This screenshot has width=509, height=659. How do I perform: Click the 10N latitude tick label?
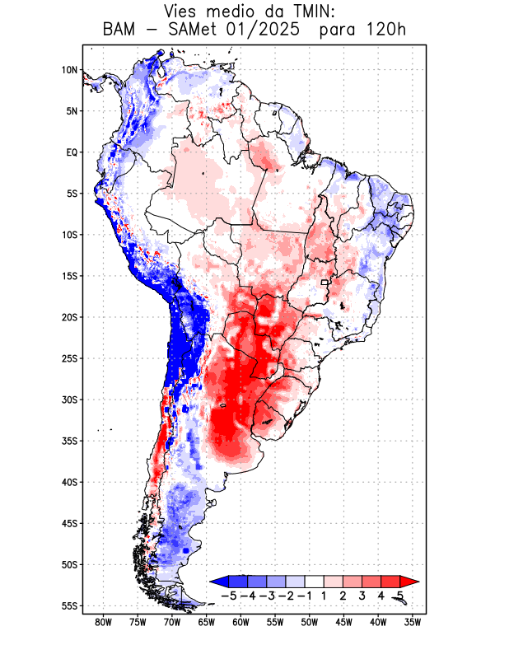[69, 70]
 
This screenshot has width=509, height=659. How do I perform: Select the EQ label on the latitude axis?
[71, 152]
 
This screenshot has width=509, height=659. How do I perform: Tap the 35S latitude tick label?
[68, 441]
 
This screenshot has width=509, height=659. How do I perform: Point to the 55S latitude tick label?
[68, 605]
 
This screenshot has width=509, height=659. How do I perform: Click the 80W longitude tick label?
[104, 621]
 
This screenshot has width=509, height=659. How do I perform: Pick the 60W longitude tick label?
[241, 621]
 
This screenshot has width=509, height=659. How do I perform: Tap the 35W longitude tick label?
[413, 621]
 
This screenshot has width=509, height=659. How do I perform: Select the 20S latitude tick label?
[68, 317]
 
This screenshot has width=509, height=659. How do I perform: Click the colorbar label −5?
[230, 595]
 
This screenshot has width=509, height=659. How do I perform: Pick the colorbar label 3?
[362, 595]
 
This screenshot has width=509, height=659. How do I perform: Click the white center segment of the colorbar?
[315, 581]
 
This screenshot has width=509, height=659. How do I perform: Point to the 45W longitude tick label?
[344, 621]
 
